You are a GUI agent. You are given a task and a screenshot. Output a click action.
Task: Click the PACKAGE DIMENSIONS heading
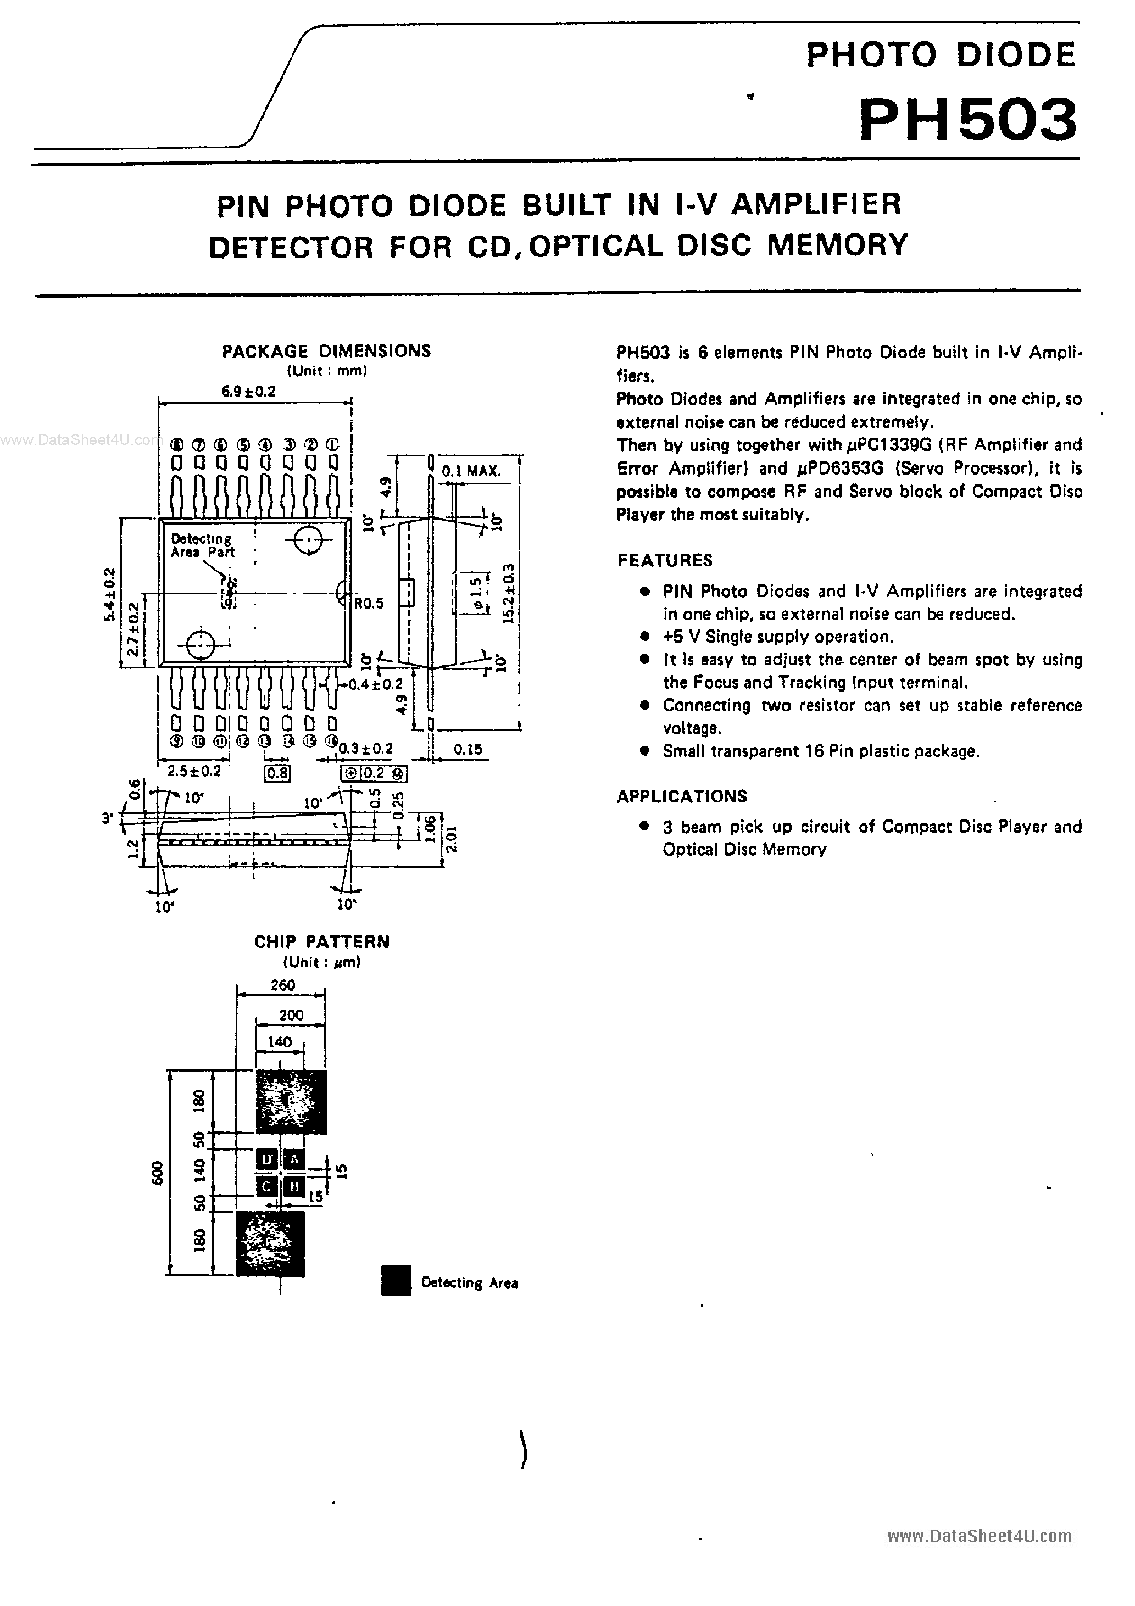click(326, 351)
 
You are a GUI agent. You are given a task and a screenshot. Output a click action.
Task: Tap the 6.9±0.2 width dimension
click(248, 392)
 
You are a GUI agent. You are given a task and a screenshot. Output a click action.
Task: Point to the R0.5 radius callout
click(369, 603)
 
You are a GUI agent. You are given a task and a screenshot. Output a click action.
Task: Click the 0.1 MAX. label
click(471, 471)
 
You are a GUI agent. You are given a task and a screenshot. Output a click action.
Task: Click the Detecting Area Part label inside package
click(202, 545)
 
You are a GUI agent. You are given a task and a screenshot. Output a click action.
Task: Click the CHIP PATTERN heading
click(322, 941)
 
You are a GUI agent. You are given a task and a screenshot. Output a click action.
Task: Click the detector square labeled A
click(294, 1159)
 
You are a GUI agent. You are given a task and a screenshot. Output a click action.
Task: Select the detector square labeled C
click(266, 1186)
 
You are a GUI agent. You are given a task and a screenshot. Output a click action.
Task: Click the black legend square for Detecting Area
click(396, 1281)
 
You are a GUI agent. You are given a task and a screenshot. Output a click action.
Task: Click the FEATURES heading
click(665, 560)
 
